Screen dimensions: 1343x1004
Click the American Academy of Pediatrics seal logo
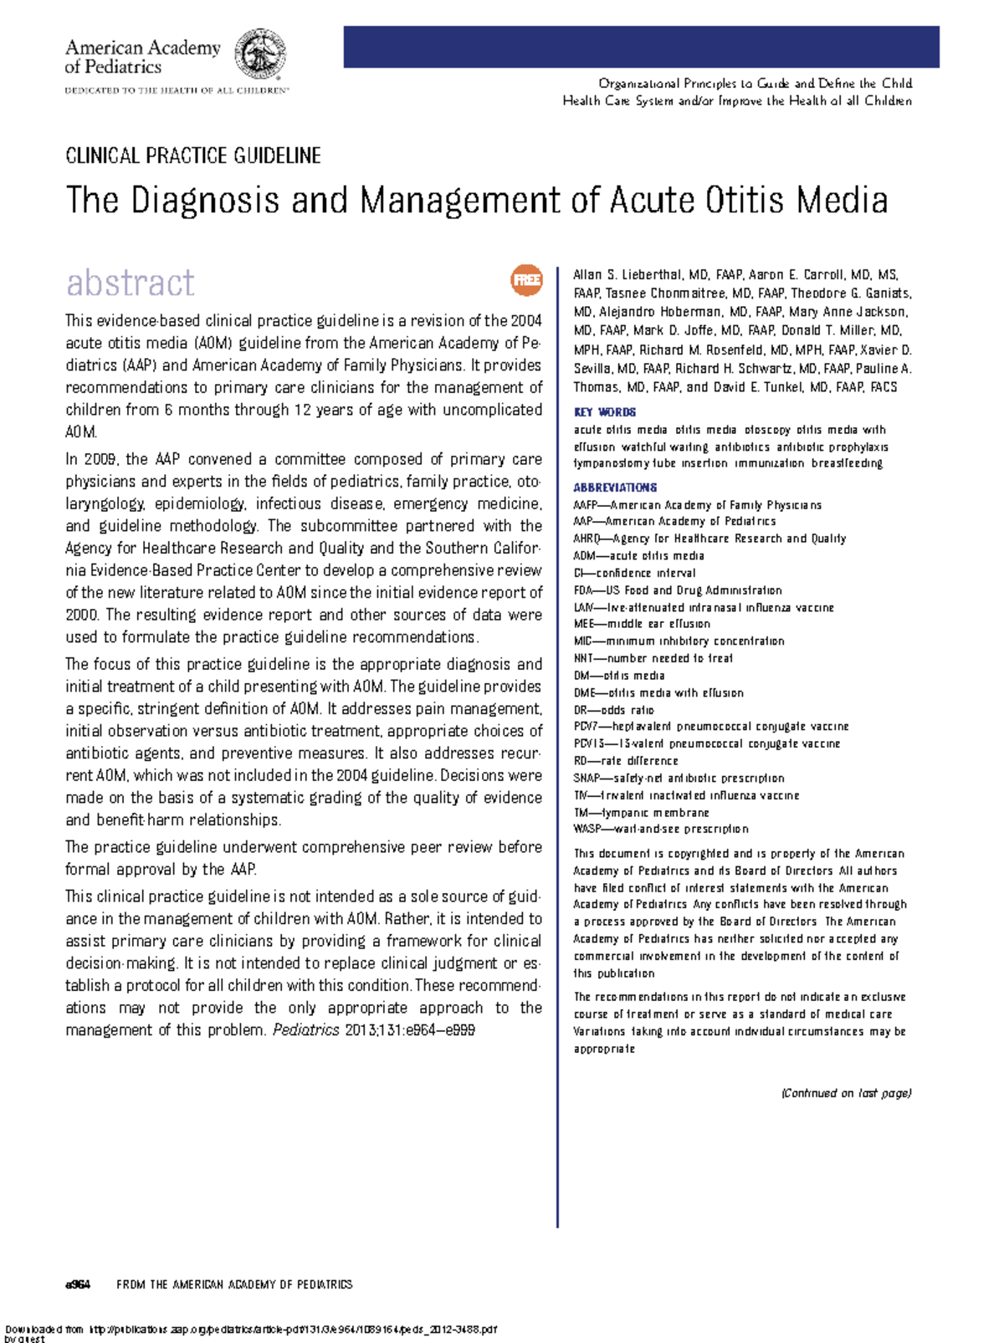click(260, 54)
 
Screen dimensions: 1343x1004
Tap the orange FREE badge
click(526, 280)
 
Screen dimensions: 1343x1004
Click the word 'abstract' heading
click(131, 283)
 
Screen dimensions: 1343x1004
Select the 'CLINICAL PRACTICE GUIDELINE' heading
click(193, 156)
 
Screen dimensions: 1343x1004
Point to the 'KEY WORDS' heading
click(604, 412)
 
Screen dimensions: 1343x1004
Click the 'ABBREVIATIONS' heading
click(615, 488)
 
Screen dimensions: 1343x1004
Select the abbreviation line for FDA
click(678, 590)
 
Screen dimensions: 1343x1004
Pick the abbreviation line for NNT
click(653, 658)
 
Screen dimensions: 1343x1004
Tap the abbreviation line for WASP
click(661, 829)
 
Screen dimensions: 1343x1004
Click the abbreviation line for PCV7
click(711, 727)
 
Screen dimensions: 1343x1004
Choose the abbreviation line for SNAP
click(679, 778)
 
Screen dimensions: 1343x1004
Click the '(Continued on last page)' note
click(846, 1093)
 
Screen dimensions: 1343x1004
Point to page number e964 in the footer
click(78, 1284)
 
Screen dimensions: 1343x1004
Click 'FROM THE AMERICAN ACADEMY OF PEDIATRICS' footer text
click(234, 1284)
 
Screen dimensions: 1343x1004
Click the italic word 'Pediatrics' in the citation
click(306, 1030)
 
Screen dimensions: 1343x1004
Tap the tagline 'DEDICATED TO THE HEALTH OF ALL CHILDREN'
click(177, 90)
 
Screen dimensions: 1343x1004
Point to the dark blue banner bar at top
click(641, 47)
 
